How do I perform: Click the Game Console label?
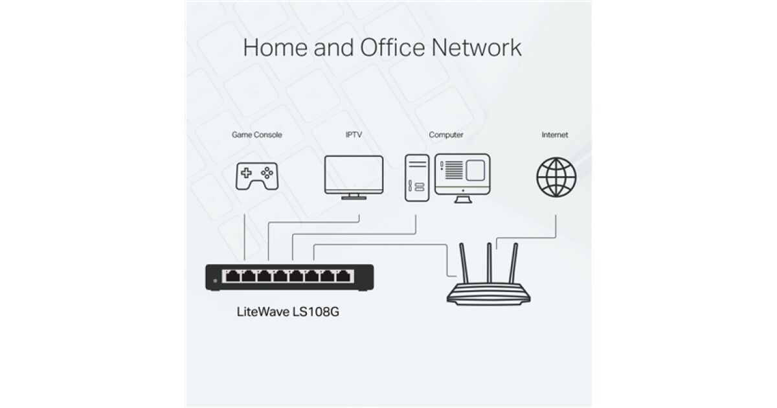click(256, 135)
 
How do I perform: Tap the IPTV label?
click(354, 135)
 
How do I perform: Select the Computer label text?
click(446, 135)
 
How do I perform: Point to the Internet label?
click(555, 135)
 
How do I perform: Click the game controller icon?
click(257, 176)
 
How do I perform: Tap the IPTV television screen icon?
click(354, 177)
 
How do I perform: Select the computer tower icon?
click(417, 178)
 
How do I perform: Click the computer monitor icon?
click(462, 178)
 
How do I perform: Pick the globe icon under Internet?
click(556, 177)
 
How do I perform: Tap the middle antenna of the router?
click(489, 263)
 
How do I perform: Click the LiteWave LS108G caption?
click(288, 312)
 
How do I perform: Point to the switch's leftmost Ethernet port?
click(232, 276)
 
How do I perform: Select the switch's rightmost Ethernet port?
click(343, 276)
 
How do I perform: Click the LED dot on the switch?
click(215, 280)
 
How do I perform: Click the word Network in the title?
click(477, 47)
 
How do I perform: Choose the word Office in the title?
click(392, 47)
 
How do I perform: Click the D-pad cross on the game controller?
click(246, 173)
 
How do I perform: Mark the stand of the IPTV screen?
click(354, 197)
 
